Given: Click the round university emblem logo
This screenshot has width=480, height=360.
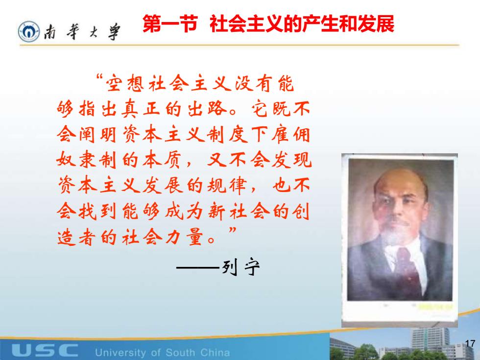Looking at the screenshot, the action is pyautogui.click(x=29, y=31).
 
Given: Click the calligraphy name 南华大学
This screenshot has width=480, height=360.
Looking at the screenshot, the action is pyautogui.click(x=82, y=31).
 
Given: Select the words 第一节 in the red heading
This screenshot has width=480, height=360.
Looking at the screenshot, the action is pyautogui.click(x=169, y=24).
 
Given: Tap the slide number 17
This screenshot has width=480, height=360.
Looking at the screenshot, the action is pyautogui.click(x=470, y=343).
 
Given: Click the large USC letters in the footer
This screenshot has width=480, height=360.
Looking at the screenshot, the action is pyautogui.click(x=45, y=350).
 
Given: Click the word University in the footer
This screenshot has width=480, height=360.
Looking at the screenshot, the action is pyautogui.click(x=120, y=353).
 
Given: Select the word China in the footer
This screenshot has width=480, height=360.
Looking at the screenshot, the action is pyautogui.click(x=215, y=352).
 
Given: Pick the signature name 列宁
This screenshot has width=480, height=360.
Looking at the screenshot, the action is pyautogui.click(x=240, y=267).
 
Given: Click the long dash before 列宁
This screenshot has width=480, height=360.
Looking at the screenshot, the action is pyautogui.click(x=198, y=267).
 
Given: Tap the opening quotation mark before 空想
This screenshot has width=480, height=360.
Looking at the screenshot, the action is pyautogui.click(x=99, y=77).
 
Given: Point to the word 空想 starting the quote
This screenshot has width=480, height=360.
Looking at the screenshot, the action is pyautogui.click(x=124, y=83).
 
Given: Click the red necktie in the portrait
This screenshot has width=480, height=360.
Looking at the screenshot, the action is pyautogui.click(x=406, y=269).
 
